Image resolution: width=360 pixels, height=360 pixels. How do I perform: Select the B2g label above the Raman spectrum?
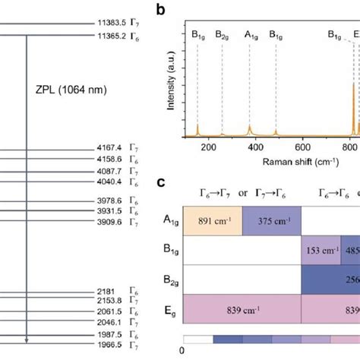coord(222,34)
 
